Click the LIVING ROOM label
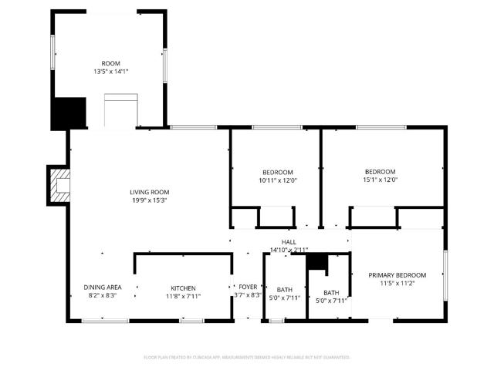[x=149, y=192]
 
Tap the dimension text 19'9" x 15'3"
[x=149, y=200]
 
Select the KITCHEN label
[x=183, y=288]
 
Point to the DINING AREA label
[x=103, y=288]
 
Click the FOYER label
[x=248, y=287]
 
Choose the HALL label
[x=289, y=242]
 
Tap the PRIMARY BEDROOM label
[x=397, y=275]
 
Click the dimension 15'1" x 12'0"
[x=381, y=180]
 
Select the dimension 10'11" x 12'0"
[x=277, y=180]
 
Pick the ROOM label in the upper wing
[x=110, y=63]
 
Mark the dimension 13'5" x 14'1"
[x=110, y=72]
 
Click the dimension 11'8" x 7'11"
[x=183, y=297]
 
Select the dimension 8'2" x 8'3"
[x=103, y=296]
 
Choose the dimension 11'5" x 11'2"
[x=397, y=284]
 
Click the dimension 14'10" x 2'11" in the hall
[x=289, y=250]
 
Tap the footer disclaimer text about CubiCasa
[x=247, y=358]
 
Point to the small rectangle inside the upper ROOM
[x=120, y=110]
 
